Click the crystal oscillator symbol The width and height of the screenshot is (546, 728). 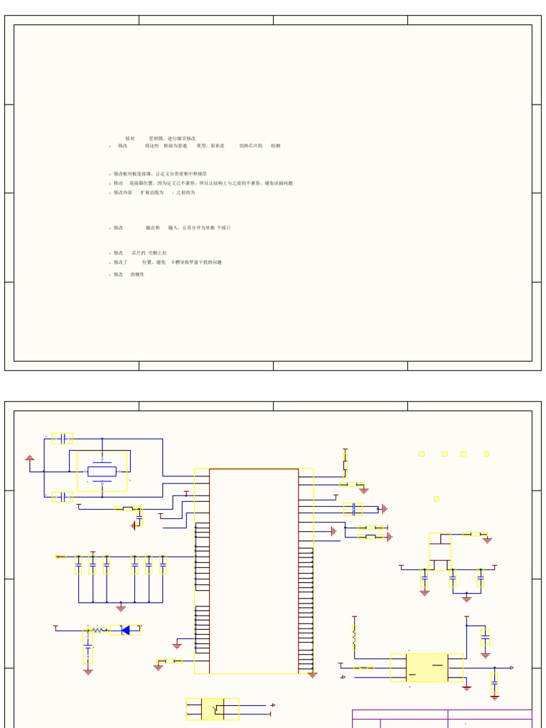pyautogui.click(x=102, y=471)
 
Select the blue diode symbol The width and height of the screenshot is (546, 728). pyautogui.click(x=125, y=630)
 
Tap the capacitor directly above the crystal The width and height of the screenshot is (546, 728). pyautogui.click(x=63, y=439)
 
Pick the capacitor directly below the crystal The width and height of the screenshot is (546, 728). pyautogui.click(x=63, y=497)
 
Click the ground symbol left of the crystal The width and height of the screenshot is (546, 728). pyautogui.click(x=30, y=459)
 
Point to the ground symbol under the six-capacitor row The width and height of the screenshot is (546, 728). pyautogui.click(x=121, y=608)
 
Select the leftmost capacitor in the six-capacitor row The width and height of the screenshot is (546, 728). pyautogui.click(x=78, y=564)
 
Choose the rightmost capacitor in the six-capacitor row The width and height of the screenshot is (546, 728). pyautogui.click(x=163, y=564)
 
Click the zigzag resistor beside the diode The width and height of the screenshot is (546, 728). pyautogui.click(x=99, y=630)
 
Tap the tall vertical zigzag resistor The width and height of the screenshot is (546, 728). pyautogui.click(x=354, y=638)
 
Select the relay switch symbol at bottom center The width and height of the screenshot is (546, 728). pyautogui.click(x=213, y=709)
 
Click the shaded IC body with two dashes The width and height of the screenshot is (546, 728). pyautogui.click(x=427, y=668)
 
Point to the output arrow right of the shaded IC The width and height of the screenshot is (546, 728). pyautogui.click(x=511, y=668)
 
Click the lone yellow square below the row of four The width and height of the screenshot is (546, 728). pyautogui.click(x=436, y=499)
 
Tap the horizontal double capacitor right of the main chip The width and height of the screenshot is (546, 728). pyautogui.click(x=353, y=508)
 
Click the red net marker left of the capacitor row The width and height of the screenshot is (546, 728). pyautogui.click(x=60, y=557)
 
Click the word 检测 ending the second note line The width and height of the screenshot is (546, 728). pyautogui.click(x=275, y=146)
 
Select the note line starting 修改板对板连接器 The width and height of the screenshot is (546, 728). pyautogui.click(x=160, y=173)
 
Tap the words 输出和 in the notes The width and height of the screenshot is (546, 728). pyautogui.click(x=153, y=228)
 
